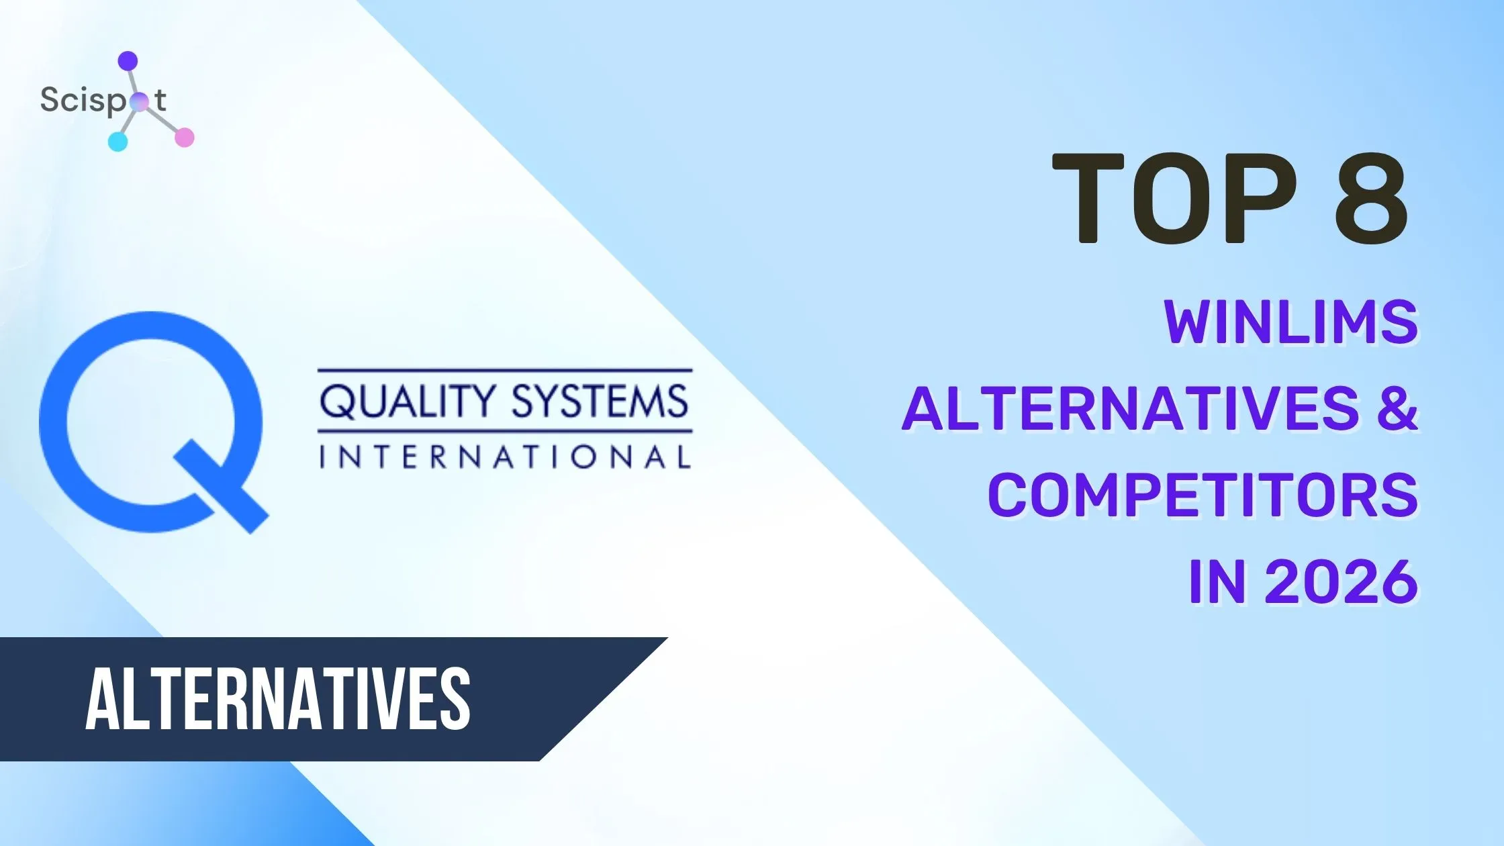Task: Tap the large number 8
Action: click(x=1370, y=198)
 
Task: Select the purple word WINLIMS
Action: click(x=1290, y=322)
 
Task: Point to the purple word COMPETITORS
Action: click(x=1203, y=495)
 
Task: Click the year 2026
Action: click(x=1341, y=581)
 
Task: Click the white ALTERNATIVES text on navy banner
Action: click(x=277, y=698)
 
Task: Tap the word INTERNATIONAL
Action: click(x=504, y=457)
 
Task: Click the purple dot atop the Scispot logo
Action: click(x=128, y=61)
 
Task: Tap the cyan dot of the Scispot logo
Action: click(x=117, y=141)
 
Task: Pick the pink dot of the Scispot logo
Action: click(x=184, y=138)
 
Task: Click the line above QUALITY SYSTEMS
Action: click(x=504, y=370)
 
